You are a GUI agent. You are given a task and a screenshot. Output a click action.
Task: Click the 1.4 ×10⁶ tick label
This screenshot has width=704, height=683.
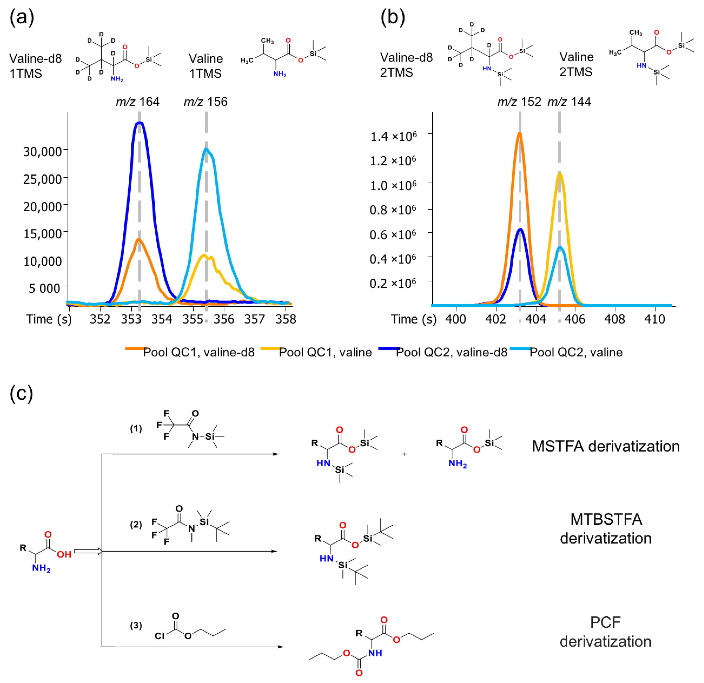(x=393, y=136)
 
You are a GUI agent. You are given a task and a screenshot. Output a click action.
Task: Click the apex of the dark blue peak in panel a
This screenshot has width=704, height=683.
(x=139, y=123)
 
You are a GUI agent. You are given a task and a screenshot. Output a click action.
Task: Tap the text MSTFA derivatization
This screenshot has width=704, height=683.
(x=606, y=446)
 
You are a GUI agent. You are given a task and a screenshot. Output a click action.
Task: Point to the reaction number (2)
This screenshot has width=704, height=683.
(x=136, y=525)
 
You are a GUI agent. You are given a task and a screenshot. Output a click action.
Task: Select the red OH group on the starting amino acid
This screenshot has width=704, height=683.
(x=64, y=554)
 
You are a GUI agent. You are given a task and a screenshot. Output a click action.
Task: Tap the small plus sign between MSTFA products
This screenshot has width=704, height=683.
(x=404, y=454)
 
